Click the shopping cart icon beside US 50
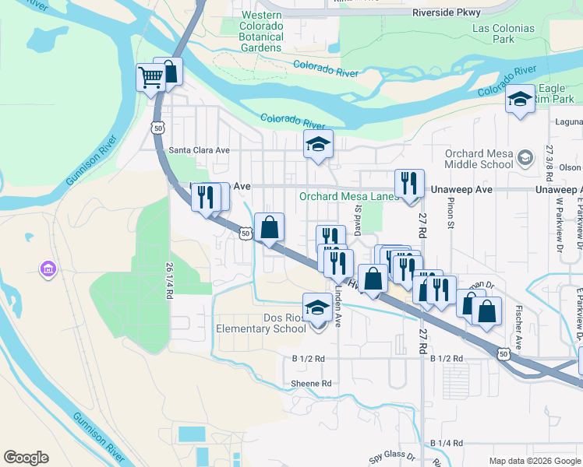[x=150, y=76]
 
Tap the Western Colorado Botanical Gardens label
[x=261, y=32]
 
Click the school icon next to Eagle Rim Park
[x=520, y=99]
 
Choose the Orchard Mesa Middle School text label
[x=479, y=159]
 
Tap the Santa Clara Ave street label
[x=200, y=150]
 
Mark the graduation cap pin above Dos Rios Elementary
[x=316, y=308]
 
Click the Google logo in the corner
[x=26, y=458]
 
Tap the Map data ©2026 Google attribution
[x=534, y=461]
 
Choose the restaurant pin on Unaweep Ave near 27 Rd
[x=409, y=184]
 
